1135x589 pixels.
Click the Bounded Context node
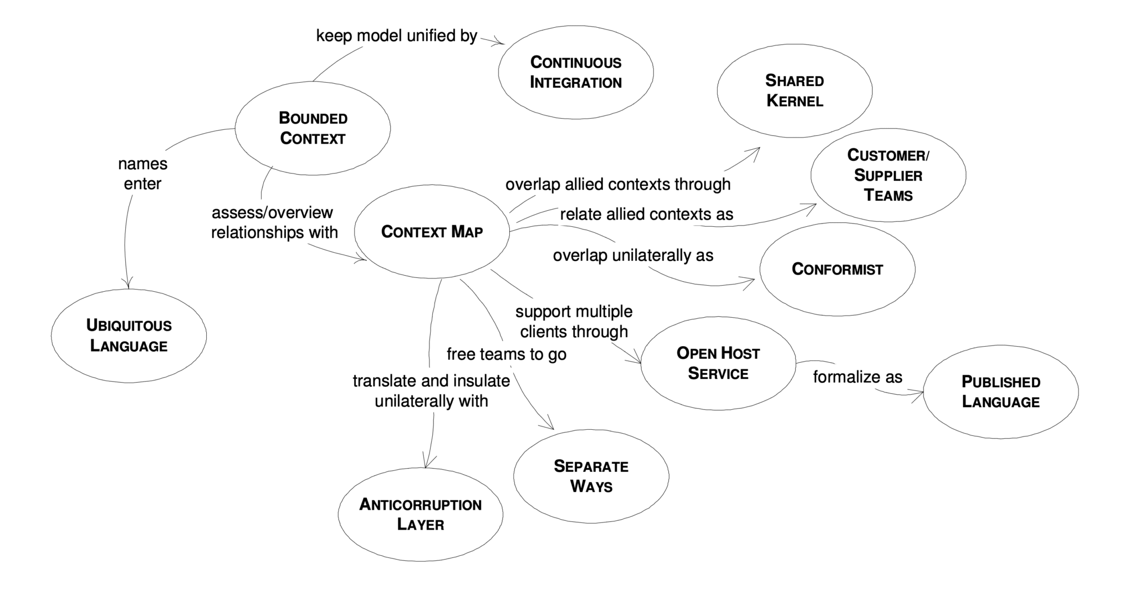pyautogui.click(x=313, y=128)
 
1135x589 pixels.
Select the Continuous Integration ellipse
pyautogui.click(x=576, y=72)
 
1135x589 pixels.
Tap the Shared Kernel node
pyautogui.click(x=794, y=90)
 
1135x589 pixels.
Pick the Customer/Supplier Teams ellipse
pyautogui.click(x=888, y=175)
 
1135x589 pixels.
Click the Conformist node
pyautogui.click(x=837, y=270)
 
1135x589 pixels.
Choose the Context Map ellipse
pyautogui.click(x=432, y=231)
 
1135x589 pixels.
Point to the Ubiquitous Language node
pyautogui.click(x=129, y=336)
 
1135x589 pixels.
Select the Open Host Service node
pyautogui.click(x=718, y=363)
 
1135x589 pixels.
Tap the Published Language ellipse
pyautogui.click(x=1000, y=392)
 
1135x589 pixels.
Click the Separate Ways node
pyautogui.click(x=591, y=476)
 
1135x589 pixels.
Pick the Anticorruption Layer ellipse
pyautogui.click(x=420, y=514)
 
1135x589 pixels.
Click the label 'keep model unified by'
pyautogui.click(x=396, y=36)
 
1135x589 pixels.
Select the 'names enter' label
pyautogui.click(x=142, y=174)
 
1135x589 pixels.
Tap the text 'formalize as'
pyautogui.click(x=857, y=377)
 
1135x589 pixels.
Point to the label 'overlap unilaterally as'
pyautogui.click(x=633, y=256)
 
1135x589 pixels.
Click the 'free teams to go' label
pyautogui.click(x=507, y=354)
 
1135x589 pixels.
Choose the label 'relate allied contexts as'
pyautogui.click(x=646, y=214)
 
